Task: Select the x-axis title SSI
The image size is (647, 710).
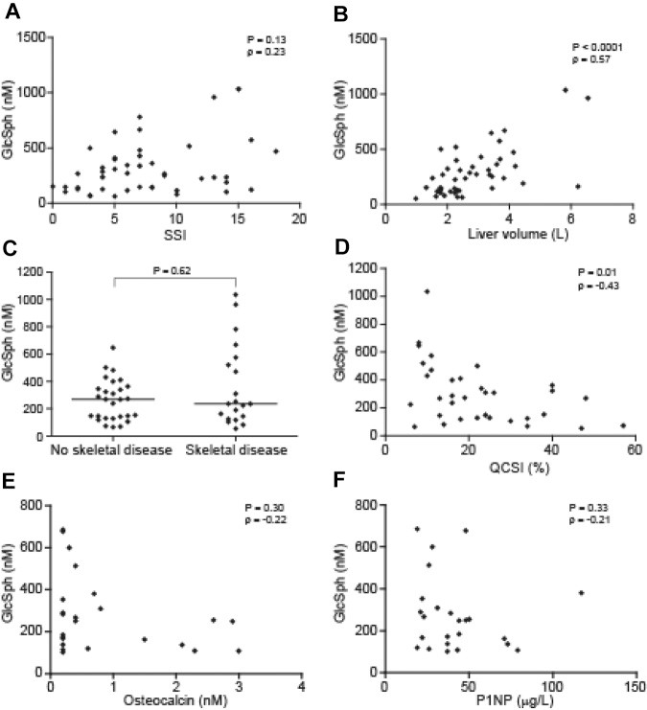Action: (175, 234)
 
